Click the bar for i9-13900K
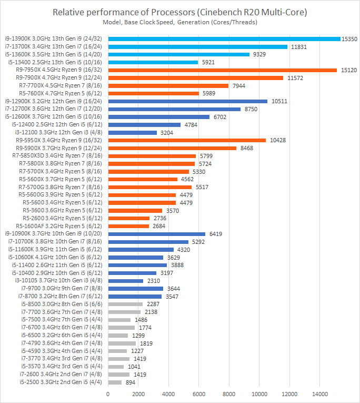pos(224,38)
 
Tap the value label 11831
pos(298,46)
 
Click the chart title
pos(180,12)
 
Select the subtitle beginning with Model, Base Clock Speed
pos(180,22)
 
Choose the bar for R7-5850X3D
pos(152,156)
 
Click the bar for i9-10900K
pos(156,234)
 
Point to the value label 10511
pos(279,101)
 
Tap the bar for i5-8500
pos(125,304)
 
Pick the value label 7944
pos(240,85)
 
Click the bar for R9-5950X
pos(187,141)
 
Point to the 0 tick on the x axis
pos(108,394)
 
